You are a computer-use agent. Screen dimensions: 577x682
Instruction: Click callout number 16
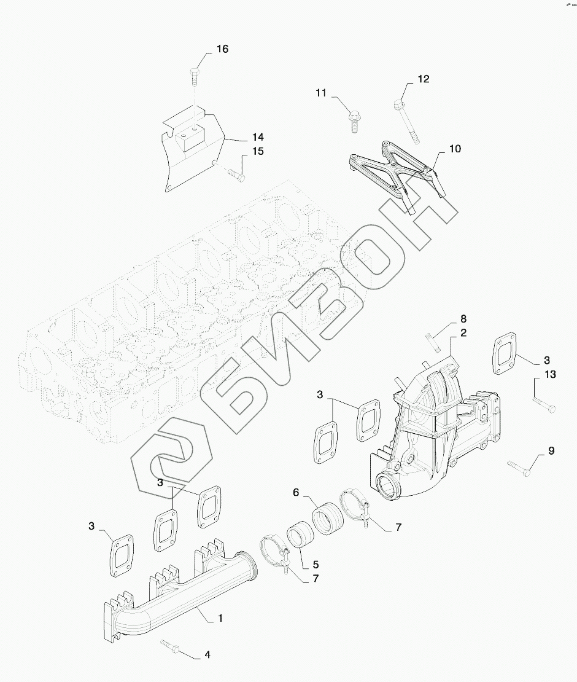pyautogui.click(x=222, y=49)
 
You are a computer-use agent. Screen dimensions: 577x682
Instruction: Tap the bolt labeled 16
pyautogui.click(x=195, y=77)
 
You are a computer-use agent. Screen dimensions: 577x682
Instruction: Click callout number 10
pyautogui.click(x=454, y=149)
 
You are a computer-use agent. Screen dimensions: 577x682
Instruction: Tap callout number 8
pyautogui.click(x=463, y=319)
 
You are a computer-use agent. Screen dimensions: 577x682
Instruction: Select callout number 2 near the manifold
pyautogui.click(x=463, y=333)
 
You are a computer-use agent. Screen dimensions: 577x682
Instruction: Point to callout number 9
pyautogui.click(x=551, y=451)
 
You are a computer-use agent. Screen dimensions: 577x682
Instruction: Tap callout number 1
pyautogui.click(x=219, y=618)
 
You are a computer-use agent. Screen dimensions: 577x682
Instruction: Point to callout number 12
pyautogui.click(x=424, y=79)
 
